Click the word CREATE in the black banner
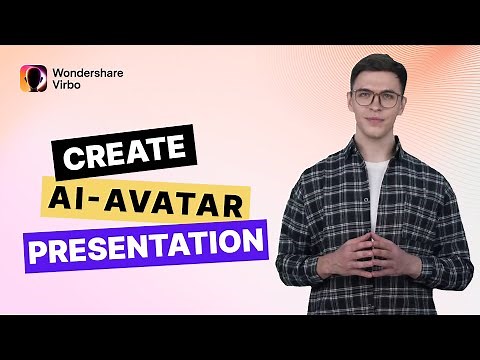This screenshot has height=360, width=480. point(123,151)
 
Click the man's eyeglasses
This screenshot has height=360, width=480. point(375,98)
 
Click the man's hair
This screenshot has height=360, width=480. point(376,64)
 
